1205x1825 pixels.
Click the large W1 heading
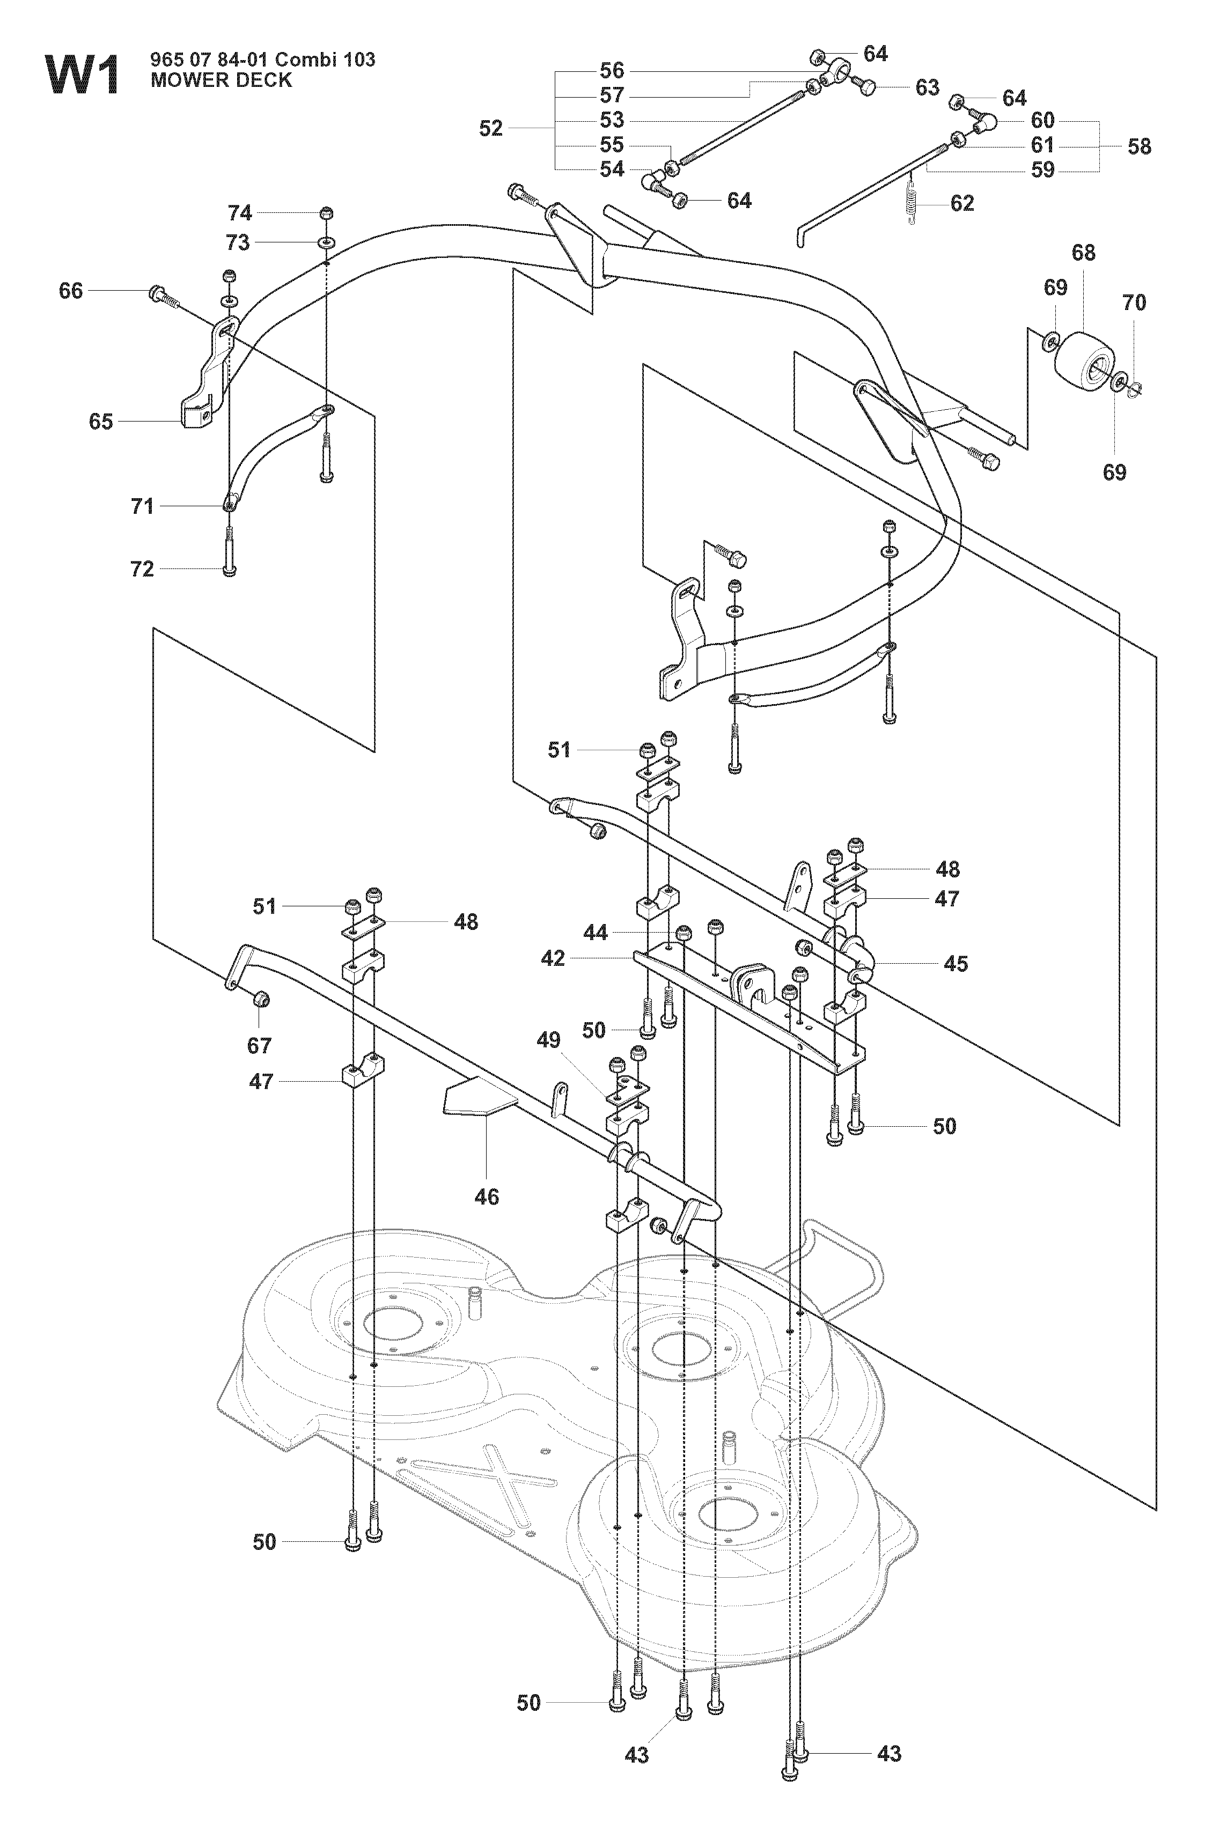[x=84, y=75]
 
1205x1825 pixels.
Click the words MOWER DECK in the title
[x=222, y=80]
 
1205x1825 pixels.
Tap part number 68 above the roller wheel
[x=1084, y=253]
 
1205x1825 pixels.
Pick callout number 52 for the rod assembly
[x=491, y=128]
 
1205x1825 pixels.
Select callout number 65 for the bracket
[x=101, y=422]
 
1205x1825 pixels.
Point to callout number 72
[x=142, y=569]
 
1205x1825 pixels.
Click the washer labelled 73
[x=327, y=243]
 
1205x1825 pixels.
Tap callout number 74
[x=240, y=213]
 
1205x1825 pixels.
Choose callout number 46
[x=487, y=1196]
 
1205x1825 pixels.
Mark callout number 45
[x=956, y=963]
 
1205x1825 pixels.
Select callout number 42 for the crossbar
[x=553, y=958]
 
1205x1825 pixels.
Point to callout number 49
[x=549, y=1040]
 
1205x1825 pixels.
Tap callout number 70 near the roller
[x=1134, y=302]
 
